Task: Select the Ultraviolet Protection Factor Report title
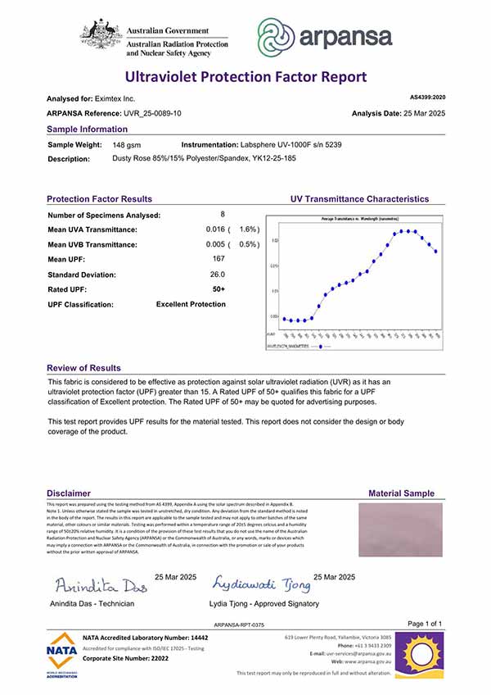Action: pos(245,77)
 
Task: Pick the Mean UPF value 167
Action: pos(218,259)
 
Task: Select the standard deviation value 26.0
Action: pos(218,275)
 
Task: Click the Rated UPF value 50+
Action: pos(218,289)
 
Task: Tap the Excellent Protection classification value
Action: pos(191,304)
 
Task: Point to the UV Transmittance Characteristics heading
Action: pos(359,199)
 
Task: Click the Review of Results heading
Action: pos(83,368)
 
